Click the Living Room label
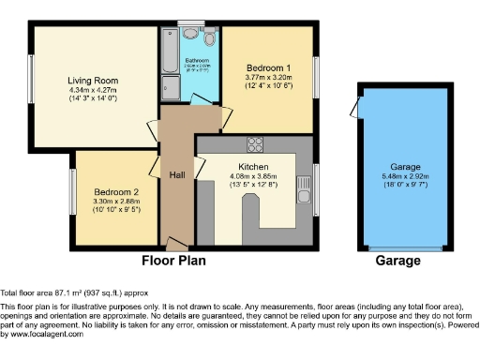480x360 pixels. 91,80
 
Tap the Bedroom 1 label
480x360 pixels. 268,68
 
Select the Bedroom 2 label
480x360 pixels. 112,190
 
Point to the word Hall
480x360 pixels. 176,174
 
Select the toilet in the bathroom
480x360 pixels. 208,38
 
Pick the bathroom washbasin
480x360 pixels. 190,34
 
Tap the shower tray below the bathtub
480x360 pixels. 170,89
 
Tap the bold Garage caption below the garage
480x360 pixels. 397,260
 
